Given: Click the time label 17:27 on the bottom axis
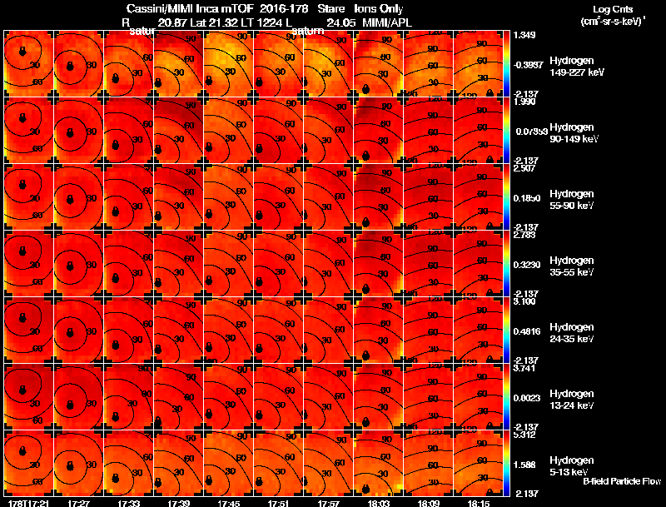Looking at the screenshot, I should click(x=79, y=503).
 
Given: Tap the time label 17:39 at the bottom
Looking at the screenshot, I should click(x=179, y=503).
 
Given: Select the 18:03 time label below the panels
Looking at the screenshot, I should click(x=379, y=503).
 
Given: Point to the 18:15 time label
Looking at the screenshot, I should click(x=479, y=503).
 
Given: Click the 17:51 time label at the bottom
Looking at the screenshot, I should click(x=279, y=503).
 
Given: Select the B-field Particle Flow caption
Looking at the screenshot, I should click(x=620, y=481).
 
